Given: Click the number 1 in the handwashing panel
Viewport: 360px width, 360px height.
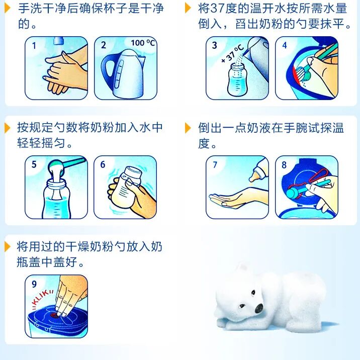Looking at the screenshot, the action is (x=34, y=45).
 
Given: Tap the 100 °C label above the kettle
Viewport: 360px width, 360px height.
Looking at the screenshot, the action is (x=143, y=43).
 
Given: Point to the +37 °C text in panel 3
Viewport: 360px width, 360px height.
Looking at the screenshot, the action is (x=232, y=54).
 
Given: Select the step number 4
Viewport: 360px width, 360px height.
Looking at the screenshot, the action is (x=285, y=45).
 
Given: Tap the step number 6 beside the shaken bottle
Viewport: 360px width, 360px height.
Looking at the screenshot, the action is (x=103, y=164).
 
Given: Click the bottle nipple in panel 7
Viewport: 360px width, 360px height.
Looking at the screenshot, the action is (x=253, y=177).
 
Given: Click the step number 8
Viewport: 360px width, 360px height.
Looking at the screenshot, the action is (x=284, y=165).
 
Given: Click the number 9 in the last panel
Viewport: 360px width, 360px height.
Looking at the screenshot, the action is (x=34, y=284).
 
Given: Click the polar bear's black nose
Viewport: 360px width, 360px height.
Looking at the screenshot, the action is (x=259, y=308).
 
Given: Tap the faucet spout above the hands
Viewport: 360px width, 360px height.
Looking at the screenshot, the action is (x=58, y=40).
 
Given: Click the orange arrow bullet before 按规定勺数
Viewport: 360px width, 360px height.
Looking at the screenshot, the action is (x=8, y=128).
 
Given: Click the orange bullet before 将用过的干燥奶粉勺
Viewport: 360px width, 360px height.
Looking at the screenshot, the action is (x=8, y=247).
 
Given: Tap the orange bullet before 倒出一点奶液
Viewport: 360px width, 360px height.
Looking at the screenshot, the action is (x=188, y=128).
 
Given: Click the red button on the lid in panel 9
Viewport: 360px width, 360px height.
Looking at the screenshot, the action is (x=55, y=315).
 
